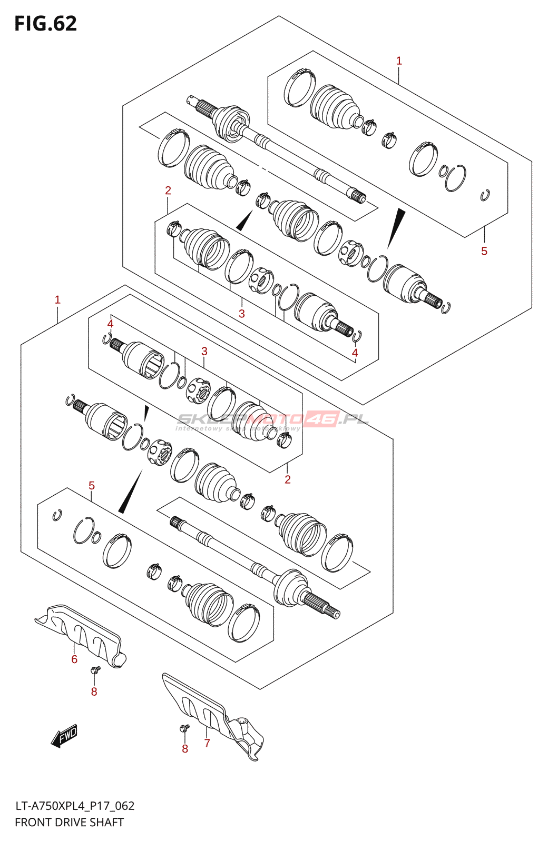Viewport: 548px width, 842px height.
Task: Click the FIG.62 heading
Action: [x=45, y=24]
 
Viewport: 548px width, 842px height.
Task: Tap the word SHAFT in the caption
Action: [x=108, y=822]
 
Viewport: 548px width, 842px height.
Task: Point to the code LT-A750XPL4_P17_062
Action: [x=74, y=806]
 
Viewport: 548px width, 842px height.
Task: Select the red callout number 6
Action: [x=74, y=659]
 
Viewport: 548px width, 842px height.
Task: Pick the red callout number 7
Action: [x=207, y=743]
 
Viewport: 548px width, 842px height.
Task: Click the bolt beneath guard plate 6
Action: [x=95, y=670]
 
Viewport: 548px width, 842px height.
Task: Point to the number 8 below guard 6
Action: [x=94, y=692]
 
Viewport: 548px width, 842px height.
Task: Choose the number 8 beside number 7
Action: [x=185, y=749]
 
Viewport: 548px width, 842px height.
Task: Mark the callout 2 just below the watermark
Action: [x=288, y=479]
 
